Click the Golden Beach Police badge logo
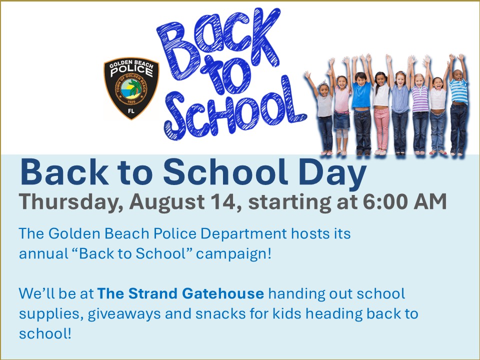(x=131, y=88)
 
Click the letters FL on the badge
(x=131, y=111)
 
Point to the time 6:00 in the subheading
(x=385, y=201)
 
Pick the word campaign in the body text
(x=233, y=254)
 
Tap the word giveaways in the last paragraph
(x=124, y=314)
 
